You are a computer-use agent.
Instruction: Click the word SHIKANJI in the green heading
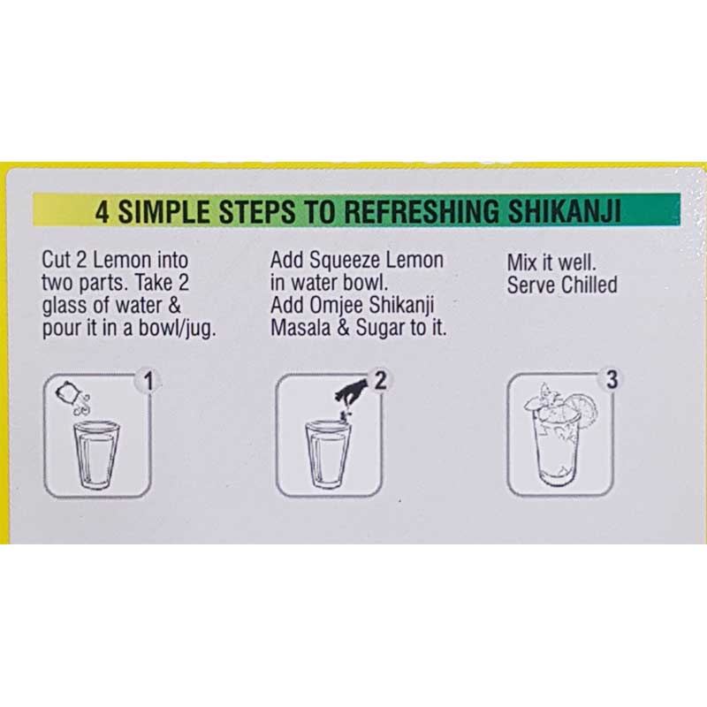pyautogui.click(x=565, y=211)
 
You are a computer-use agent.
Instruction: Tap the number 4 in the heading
pyautogui.click(x=103, y=212)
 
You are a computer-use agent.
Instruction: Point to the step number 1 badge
pyautogui.click(x=148, y=381)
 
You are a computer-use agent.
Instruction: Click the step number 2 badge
pyautogui.click(x=381, y=380)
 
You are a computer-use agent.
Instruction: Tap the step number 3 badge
pyautogui.click(x=612, y=379)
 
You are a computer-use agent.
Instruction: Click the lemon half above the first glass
pyautogui.click(x=67, y=392)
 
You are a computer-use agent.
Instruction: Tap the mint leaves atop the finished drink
pyautogui.click(x=543, y=399)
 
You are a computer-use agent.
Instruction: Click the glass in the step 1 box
pyautogui.click(x=96, y=454)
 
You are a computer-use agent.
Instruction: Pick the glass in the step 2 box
pyautogui.click(x=328, y=454)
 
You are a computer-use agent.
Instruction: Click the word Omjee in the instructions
pyautogui.click(x=337, y=305)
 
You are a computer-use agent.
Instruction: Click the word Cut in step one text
pyautogui.click(x=57, y=260)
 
